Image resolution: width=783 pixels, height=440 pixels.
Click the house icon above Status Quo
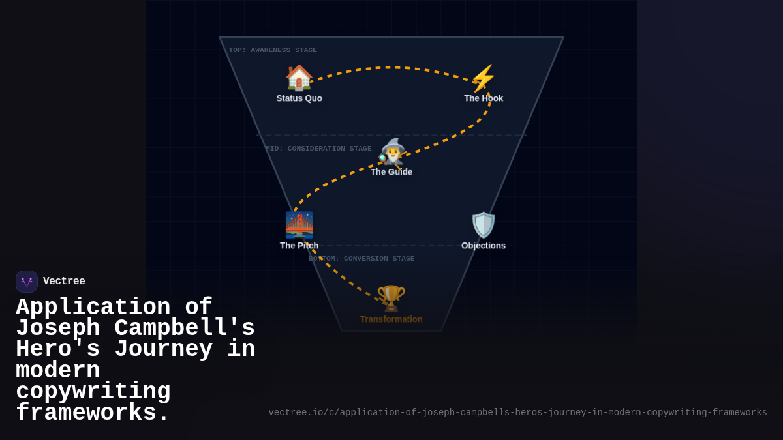coord(299,78)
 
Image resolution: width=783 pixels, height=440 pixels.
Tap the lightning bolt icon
coord(484,78)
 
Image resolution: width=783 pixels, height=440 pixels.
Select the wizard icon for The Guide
coord(391,153)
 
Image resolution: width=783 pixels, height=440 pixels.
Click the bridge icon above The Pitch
coord(299,225)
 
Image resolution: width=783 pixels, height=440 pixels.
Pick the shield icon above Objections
coord(484,225)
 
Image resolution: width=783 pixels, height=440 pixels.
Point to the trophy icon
coord(391,299)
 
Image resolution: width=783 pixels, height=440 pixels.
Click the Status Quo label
coord(299,98)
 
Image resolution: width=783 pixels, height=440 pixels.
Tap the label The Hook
coord(484,98)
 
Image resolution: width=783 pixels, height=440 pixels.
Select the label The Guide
coord(391,172)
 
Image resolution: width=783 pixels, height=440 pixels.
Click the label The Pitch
coord(299,246)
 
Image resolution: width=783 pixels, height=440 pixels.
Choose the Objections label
coord(484,246)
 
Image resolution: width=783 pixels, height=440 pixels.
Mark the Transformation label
coord(391,319)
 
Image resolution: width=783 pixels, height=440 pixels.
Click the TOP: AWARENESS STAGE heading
coord(273,50)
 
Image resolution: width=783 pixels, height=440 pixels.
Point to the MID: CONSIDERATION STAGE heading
coord(318,149)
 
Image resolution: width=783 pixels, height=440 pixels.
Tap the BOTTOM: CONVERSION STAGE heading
coord(361,259)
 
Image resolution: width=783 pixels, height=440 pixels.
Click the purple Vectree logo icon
coord(27,282)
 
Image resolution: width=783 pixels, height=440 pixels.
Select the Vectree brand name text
coord(64,282)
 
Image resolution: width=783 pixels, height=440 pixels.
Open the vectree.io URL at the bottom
coord(517,413)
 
